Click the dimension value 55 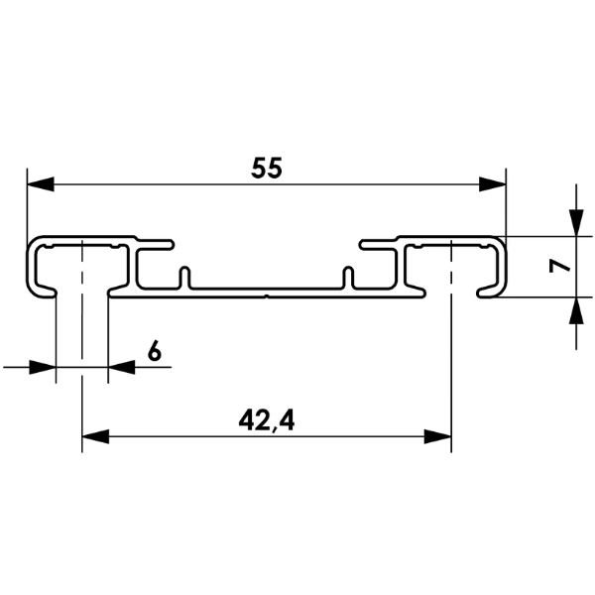267,169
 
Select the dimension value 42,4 267,420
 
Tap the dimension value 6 155,351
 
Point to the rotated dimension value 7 559,267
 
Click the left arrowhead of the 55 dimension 41,184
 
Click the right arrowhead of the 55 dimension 492,184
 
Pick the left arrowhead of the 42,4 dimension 95,436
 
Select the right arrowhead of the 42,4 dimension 437,436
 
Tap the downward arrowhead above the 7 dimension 576,223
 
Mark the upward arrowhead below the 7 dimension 576,310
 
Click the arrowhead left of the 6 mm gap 43,367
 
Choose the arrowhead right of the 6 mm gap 121,367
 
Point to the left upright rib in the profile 184,277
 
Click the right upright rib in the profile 348,277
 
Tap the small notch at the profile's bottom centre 267,296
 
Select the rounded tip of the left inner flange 172,244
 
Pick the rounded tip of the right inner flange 362,244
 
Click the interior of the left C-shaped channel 82,266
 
